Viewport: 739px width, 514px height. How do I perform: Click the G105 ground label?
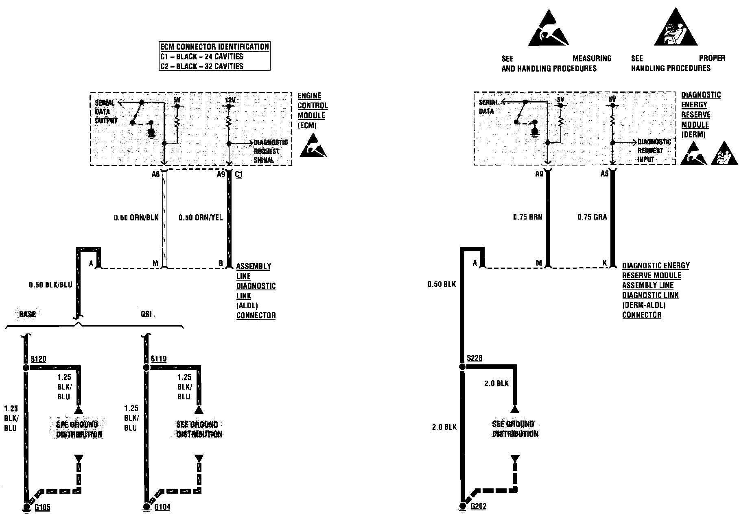point(42,507)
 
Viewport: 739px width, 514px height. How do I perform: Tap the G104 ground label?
point(162,507)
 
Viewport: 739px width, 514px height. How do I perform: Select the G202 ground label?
point(479,507)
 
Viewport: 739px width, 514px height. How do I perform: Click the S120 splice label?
point(38,359)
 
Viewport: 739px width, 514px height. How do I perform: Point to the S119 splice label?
point(158,359)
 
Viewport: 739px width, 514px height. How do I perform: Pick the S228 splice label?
point(474,358)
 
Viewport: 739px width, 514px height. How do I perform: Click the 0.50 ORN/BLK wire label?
point(136,218)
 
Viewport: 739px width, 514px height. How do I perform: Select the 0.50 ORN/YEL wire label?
point(201,218)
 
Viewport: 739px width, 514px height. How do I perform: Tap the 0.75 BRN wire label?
point(527,217)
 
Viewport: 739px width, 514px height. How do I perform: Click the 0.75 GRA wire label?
point(592,217)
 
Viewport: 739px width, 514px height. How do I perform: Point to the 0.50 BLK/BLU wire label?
point(50,285)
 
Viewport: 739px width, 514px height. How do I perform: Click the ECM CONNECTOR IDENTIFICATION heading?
point(214,47)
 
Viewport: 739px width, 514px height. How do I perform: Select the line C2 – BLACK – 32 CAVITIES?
point(201,66)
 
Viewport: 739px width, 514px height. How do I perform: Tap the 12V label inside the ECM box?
point(230,100)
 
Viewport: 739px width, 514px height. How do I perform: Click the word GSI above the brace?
point(146,314)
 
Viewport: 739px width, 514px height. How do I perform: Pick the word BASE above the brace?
point(27,314)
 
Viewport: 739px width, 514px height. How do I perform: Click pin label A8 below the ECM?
point(155,174)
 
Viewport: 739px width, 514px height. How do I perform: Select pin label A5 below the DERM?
point(604,174)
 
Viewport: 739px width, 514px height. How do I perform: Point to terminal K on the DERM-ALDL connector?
point(605,263)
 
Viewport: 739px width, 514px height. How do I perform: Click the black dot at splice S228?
point(462,367)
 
